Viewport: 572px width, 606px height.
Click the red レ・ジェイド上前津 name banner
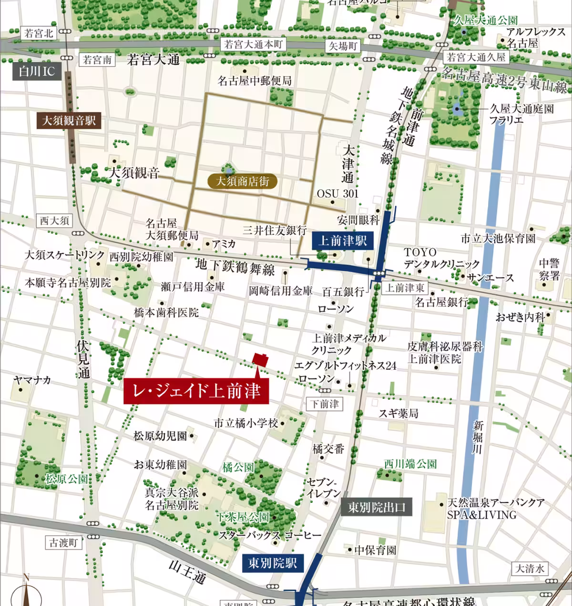196,391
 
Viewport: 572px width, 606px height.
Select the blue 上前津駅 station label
342,240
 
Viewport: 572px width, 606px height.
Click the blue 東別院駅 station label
272,563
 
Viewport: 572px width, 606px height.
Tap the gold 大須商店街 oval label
243,181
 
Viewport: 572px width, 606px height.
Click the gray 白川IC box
37,72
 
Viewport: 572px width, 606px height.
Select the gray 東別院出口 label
376,507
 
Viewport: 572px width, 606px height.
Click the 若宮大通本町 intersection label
253,45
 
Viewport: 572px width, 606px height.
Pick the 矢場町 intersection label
343,46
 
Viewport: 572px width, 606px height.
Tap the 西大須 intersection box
54,220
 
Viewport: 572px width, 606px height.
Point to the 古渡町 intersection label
63,543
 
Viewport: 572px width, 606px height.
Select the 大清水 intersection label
529,568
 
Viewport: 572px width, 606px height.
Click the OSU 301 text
337,193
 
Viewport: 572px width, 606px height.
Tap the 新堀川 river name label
478,437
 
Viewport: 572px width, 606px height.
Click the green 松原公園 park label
66,479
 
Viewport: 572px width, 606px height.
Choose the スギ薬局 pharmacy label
398,413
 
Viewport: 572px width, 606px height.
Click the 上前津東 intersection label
405,288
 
